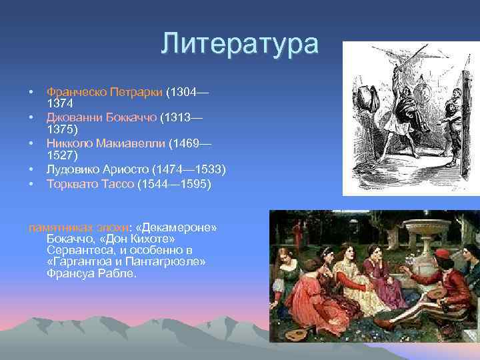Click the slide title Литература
pyautogui.click(x=240, y=44)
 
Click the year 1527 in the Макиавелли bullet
pyautogui.click(x=60, y=155)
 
